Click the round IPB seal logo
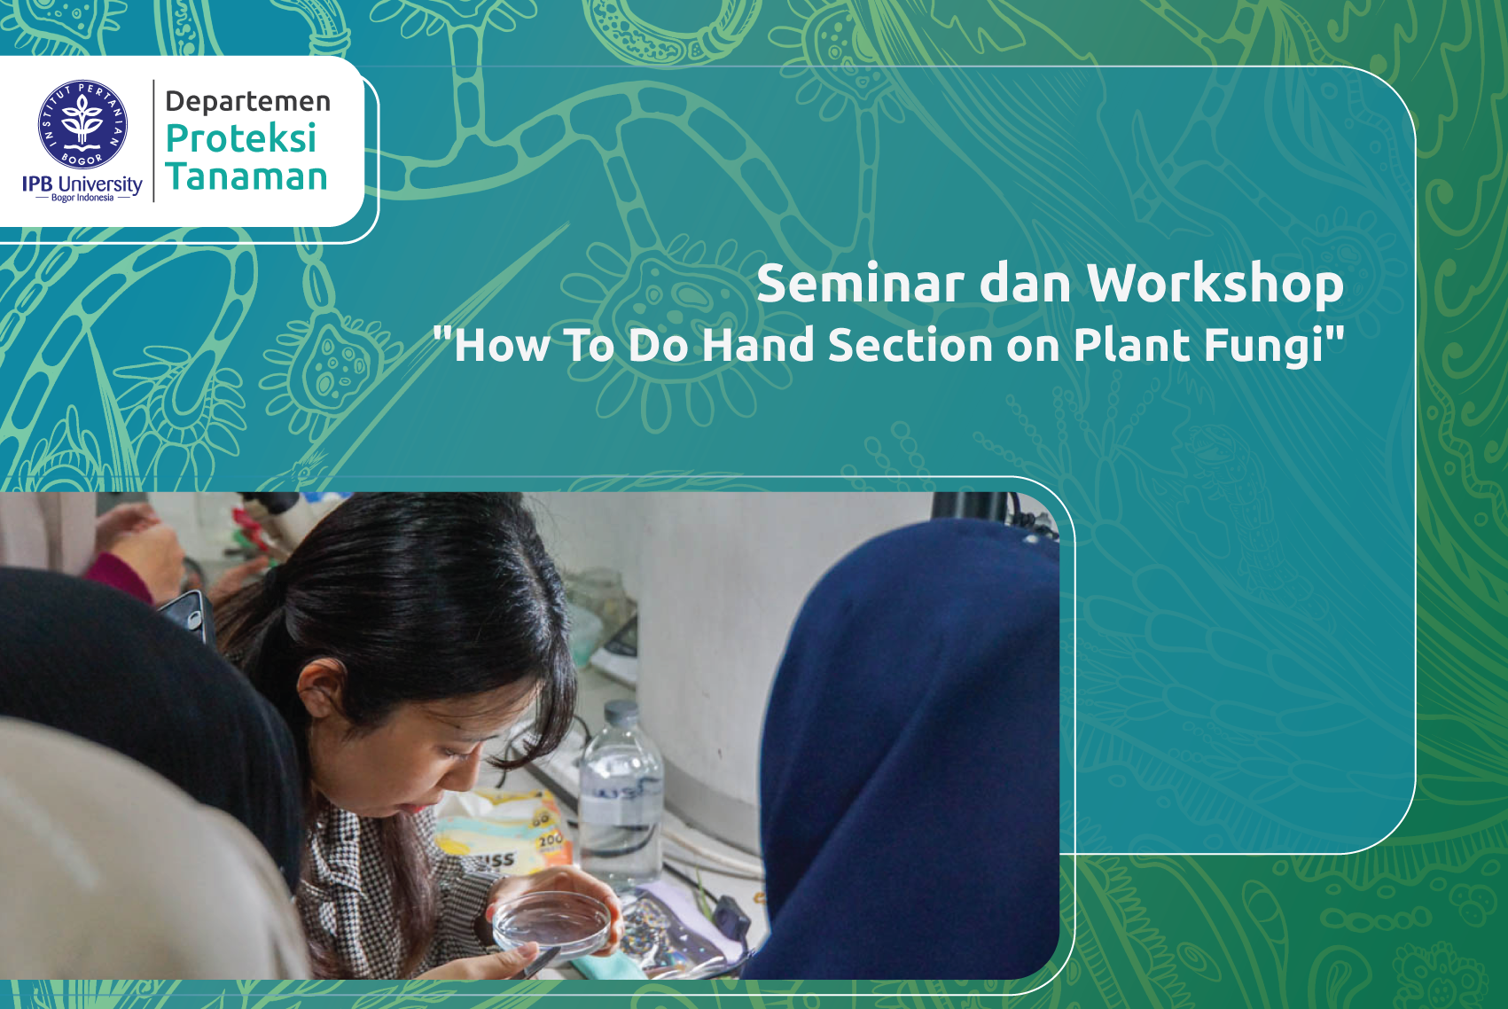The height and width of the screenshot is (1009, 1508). (82, 124)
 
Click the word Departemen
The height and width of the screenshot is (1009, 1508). (247, 101)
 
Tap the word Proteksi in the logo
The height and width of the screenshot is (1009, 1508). (240, 138)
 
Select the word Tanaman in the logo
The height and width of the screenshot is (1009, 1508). (246, 176)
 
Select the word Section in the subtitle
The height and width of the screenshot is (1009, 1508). (910, 345)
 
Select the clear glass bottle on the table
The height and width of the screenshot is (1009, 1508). (621, 798)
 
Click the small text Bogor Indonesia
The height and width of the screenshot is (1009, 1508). (82, 198)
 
